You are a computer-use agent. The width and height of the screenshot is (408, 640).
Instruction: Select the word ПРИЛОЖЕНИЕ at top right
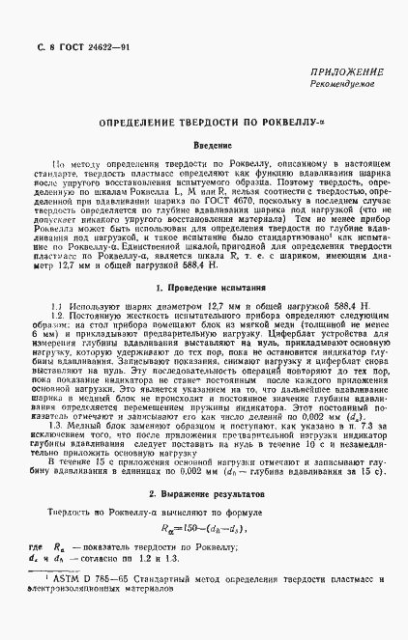click(x=346, y=73)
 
